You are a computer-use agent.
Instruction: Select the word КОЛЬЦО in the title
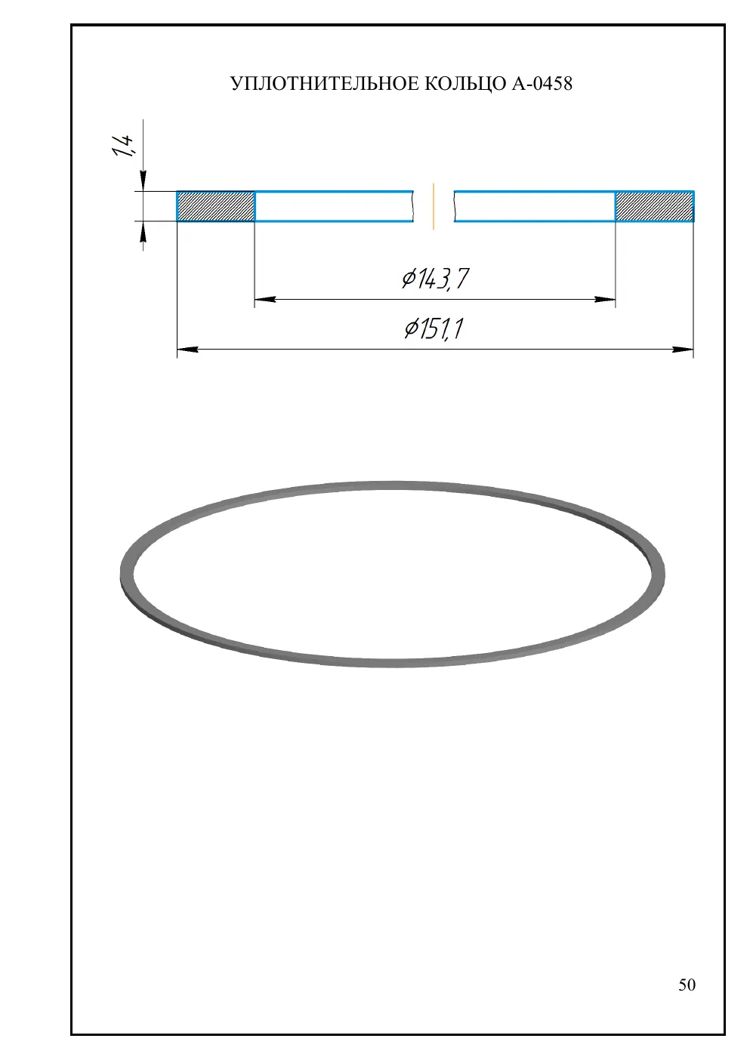pos(465,84)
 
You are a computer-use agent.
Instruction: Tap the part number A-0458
pos(542,84)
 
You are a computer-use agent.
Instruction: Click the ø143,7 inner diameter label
pos(435,279)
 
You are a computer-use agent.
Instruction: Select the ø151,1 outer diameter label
pos(434,328)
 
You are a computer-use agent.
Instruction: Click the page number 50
pos(687,985)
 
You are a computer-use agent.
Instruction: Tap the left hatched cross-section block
pos(216,206)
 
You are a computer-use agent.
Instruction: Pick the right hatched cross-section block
pos(654,206)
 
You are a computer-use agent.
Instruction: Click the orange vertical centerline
pos(434,206)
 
